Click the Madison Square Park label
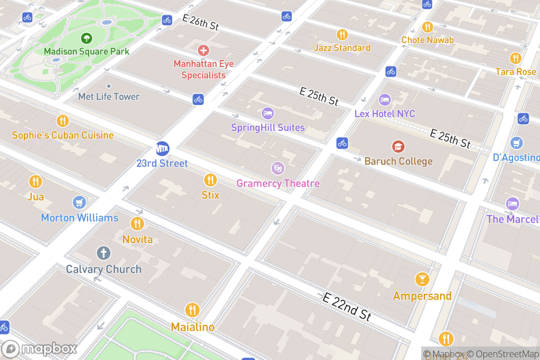pyautogui.click(x=86, y=51)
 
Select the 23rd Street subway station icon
pyautogui.click(x=162, y=148)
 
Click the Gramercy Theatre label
pyautogui.click(x=278, y=184)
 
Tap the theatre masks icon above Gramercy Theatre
pyautogui.click(x=278, y=169)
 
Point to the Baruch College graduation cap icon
pyautogui.click(x=398, y=146)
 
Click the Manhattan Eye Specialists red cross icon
pyautogui.click(x=203, y=50)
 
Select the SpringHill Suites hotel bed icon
pyautogui.click(x=268, y=113)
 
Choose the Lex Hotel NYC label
pyautogui.click(x=385, y=113)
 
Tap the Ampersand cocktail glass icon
pyautogui.click(x=422, y=279)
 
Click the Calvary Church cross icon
pyautogui.click(x=103, y=253)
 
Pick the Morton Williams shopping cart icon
pyautogui.click(x=79, y=202)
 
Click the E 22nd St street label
pyautogui.click(x=347, y=306)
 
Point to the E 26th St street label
pyautogui.click(x=201, y=22)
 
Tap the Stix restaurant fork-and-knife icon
pyautogui.click(x=210, y=180)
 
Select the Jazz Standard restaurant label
pyautogui.click(x=342, y=48)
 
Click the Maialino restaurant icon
pyautogui.click(x=192, y=310)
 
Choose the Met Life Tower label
pyautogui.click(x=109, y=96)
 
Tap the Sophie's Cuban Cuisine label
pyautogui.click(x=63, y=135)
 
